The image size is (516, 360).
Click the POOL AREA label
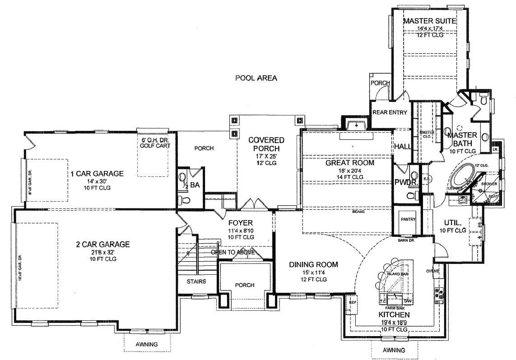256,78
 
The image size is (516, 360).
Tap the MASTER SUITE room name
429,21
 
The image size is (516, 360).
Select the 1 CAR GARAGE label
97,174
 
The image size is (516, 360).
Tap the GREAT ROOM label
350,162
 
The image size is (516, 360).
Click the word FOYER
240,223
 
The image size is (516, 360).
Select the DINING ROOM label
313,265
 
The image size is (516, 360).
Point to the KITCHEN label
394,314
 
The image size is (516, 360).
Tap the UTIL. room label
452,222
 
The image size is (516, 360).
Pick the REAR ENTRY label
389,112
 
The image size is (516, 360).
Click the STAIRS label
196,282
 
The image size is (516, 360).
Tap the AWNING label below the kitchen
394,350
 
